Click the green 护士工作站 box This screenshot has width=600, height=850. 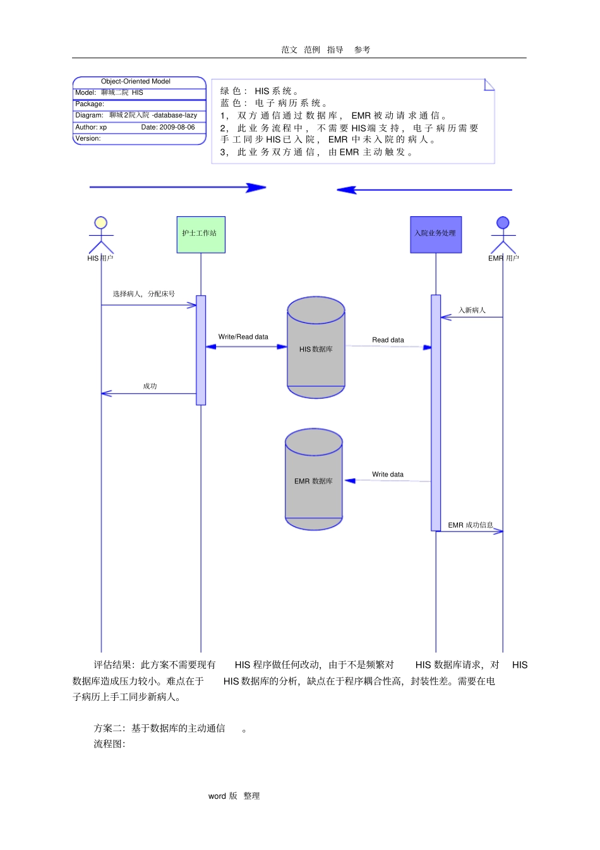(x=201, y=234)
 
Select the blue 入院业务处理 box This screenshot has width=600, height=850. (x=436, y=234)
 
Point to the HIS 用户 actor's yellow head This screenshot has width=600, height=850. (x=100, y=222)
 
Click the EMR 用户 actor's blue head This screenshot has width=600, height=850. (x=503, y=222)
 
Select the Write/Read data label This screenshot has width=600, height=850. (x=243, y=337)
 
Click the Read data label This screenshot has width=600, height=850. (x=388, y=340)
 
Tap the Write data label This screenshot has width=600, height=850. (x=388, y=475)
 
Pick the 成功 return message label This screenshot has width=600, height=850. (x=150, y=386)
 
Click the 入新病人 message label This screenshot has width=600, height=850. (x=472, y=310)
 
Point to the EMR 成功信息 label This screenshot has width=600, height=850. (x=471, y=525)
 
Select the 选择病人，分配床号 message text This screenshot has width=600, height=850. (x=144, y=294)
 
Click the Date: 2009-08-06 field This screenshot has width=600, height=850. (x=168, y=127)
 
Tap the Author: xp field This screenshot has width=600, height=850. (x=91, y=127)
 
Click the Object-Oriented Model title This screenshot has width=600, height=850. (x=136, y=82)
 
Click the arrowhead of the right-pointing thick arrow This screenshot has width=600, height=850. (x=257, y=187)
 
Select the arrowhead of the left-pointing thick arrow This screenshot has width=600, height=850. (x=346, y=190)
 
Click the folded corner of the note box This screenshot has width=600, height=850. (x=489, y=84)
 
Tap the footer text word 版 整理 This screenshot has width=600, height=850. (x=234, y=796)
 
